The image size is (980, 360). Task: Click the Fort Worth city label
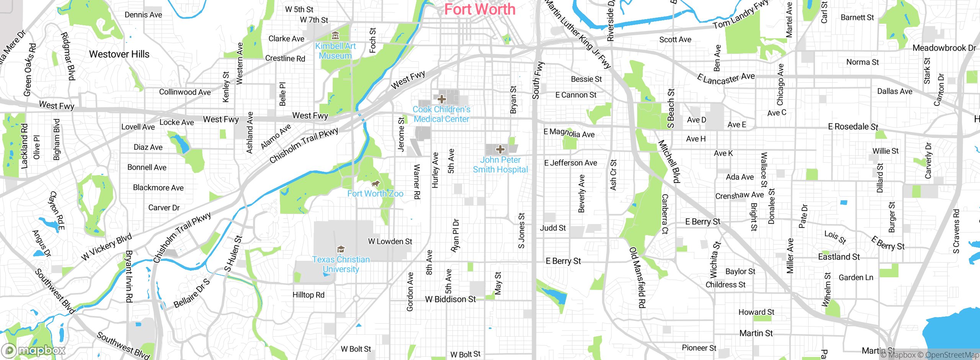point(480,10)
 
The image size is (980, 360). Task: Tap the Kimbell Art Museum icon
point(335,36)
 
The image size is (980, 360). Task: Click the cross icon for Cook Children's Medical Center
point(441,99)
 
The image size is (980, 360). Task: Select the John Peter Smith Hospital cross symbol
point(500,149)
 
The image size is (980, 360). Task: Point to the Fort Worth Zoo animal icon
point(376,184)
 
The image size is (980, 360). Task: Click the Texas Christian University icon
point(341,250)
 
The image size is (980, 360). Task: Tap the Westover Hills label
point(119,54)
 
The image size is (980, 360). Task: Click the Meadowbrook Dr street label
point(944,48)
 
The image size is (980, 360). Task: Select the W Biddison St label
point(450,299)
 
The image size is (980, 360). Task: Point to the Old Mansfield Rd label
point(637,277)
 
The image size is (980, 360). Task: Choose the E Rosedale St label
point(853,127)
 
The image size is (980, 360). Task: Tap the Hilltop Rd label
point(308,295)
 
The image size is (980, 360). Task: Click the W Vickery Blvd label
point(106,247)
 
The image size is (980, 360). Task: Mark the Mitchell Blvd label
point(669,161)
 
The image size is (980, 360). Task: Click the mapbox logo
point(34,350)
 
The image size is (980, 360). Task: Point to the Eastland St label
point(839,257)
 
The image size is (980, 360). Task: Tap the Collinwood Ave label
point(185,92)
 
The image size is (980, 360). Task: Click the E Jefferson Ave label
point(570,163)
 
